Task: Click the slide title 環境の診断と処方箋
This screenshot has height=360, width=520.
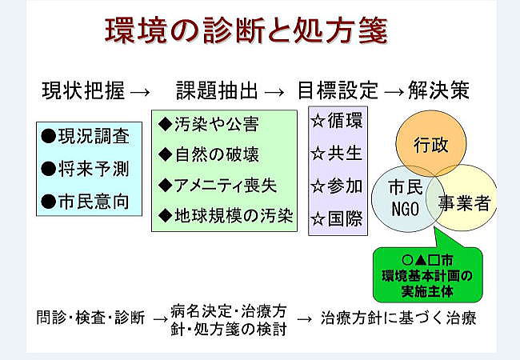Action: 246,30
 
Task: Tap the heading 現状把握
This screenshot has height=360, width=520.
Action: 83,90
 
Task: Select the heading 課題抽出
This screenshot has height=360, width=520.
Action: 217,90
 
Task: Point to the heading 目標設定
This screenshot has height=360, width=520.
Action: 338,90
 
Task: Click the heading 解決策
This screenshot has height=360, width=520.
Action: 438,90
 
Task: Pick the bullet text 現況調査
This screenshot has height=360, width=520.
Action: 94,136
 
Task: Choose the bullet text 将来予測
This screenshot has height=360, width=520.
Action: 94,169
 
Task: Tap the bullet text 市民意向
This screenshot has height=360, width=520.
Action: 94,202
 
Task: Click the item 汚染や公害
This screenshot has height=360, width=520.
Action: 216,124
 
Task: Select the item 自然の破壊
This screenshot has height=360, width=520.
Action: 217,154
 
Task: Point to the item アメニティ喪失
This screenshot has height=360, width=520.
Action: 225,185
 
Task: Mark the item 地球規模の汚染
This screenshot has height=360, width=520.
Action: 234,215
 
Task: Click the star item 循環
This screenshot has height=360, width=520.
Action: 346,120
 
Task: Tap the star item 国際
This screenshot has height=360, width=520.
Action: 346,218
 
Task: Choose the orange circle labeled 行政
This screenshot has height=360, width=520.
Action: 431,143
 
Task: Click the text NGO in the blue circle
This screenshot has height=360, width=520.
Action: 405,209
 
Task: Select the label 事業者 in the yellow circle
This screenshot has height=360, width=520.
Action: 464,202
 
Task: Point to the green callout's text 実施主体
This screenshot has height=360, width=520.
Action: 427,291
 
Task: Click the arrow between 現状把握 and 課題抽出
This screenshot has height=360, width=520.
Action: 140,92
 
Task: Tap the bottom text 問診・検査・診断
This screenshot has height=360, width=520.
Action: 91,318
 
